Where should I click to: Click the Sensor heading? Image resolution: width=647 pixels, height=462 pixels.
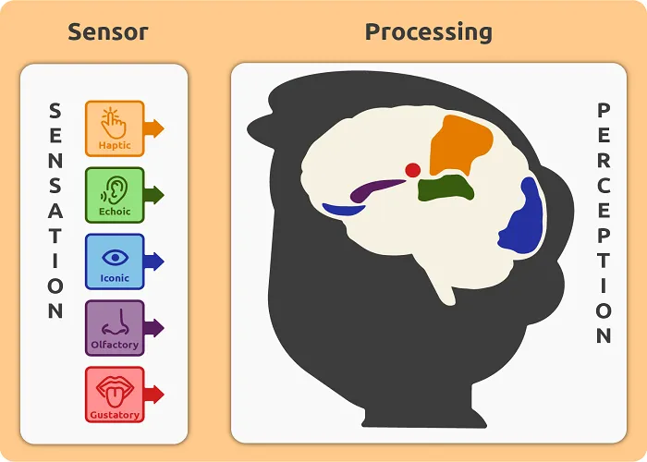tap(108, 32)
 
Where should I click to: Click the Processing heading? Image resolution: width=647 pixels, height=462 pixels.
tap(429, 32)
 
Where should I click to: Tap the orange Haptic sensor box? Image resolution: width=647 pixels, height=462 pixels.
tap(115, 128)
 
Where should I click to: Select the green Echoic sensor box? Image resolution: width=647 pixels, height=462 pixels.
tap(115, 195)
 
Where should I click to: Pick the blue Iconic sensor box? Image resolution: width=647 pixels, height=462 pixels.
tap(115, 261)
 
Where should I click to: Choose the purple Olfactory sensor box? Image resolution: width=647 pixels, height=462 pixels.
tap(115, 328)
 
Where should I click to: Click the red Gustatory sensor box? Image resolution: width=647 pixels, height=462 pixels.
tap(115, 395)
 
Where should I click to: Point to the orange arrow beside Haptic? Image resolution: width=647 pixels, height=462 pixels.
tap(154, 128)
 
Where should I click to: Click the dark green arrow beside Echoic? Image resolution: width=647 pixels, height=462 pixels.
tap(154, 195)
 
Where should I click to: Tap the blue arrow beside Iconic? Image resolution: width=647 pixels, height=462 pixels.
tap(154, 261)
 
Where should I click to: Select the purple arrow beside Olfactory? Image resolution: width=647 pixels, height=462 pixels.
tap(154, 328)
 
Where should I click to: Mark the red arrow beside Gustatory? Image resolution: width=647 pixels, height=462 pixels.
tap(154, 395)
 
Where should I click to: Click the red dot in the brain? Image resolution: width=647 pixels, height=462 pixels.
tap(412, 170)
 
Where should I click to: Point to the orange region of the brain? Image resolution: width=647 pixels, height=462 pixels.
tap(458, 144)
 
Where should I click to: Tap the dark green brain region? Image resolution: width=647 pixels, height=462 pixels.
tap(446, 188)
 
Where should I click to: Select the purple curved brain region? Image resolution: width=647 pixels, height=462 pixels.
tap(372, 188)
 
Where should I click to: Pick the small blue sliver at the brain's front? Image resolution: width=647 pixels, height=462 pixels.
tap(343, 210)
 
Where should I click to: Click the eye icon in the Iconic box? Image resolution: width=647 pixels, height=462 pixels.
tap(115, 258)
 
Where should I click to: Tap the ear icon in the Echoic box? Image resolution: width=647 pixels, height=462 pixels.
tap(115, 189)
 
